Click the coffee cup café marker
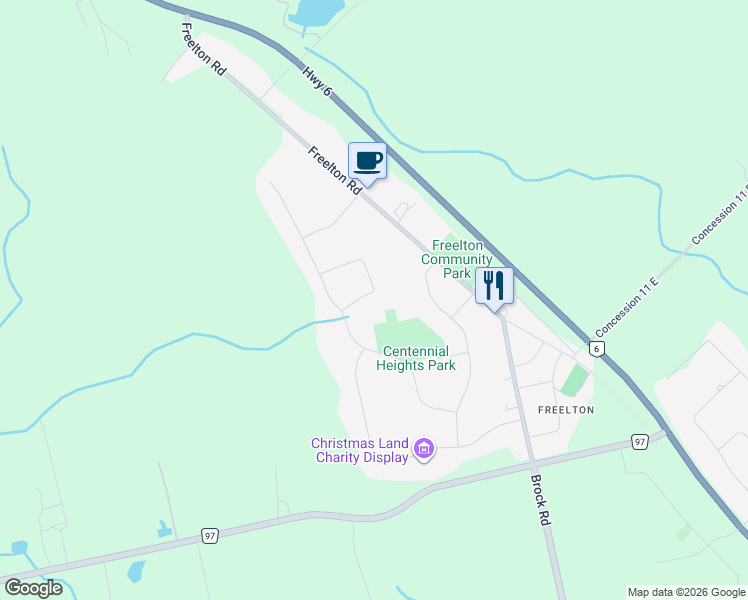[x=367, y=161]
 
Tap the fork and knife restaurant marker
[x=494, y=286]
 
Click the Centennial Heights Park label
[x=416, y=358]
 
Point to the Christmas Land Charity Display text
[x=359, y=450]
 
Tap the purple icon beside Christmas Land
[x=424, y=449]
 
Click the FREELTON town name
[x=566, y=410]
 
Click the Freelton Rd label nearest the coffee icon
[x=334, y=170]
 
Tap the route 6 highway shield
[x=596, y=348]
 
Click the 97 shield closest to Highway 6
[x=639, y=441]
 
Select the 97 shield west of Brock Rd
[x=209, y=535]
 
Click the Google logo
[x=33, y=587]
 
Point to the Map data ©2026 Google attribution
[x=686, y=592]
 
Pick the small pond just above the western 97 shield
[x=164, y=529]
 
